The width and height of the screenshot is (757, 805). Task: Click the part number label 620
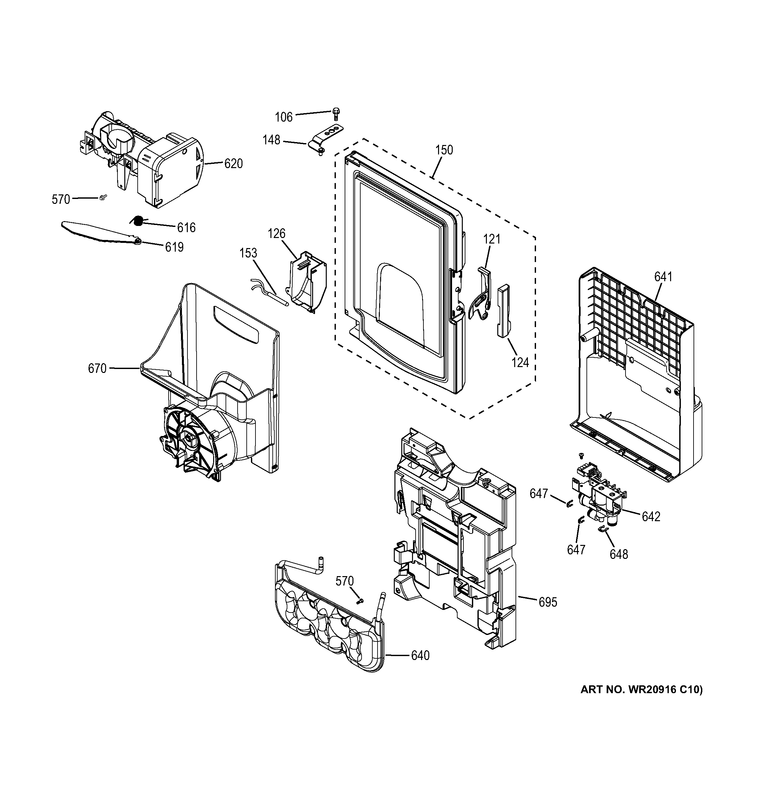click(233, 164)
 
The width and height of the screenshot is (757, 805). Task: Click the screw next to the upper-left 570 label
click(103, 197)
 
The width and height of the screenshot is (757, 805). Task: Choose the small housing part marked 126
click(308, 282)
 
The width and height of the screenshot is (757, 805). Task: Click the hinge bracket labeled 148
click(326, 138)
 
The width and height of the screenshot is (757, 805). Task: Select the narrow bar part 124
click(504, 310)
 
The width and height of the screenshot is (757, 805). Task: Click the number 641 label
click(663, 277)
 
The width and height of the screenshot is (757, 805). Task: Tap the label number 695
click(548, 602)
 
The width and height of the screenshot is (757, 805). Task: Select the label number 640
click(420, 655)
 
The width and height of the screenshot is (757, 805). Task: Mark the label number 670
click(97, 368)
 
